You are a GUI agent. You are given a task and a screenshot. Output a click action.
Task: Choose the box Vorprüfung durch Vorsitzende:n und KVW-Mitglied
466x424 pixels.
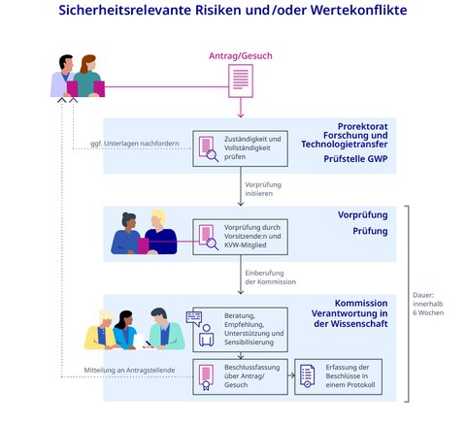[240, 233]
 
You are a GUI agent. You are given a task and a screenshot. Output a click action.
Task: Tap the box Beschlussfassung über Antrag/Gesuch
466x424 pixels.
[240, 375]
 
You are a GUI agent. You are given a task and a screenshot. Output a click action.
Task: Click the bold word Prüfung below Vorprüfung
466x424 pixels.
[370, 231]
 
